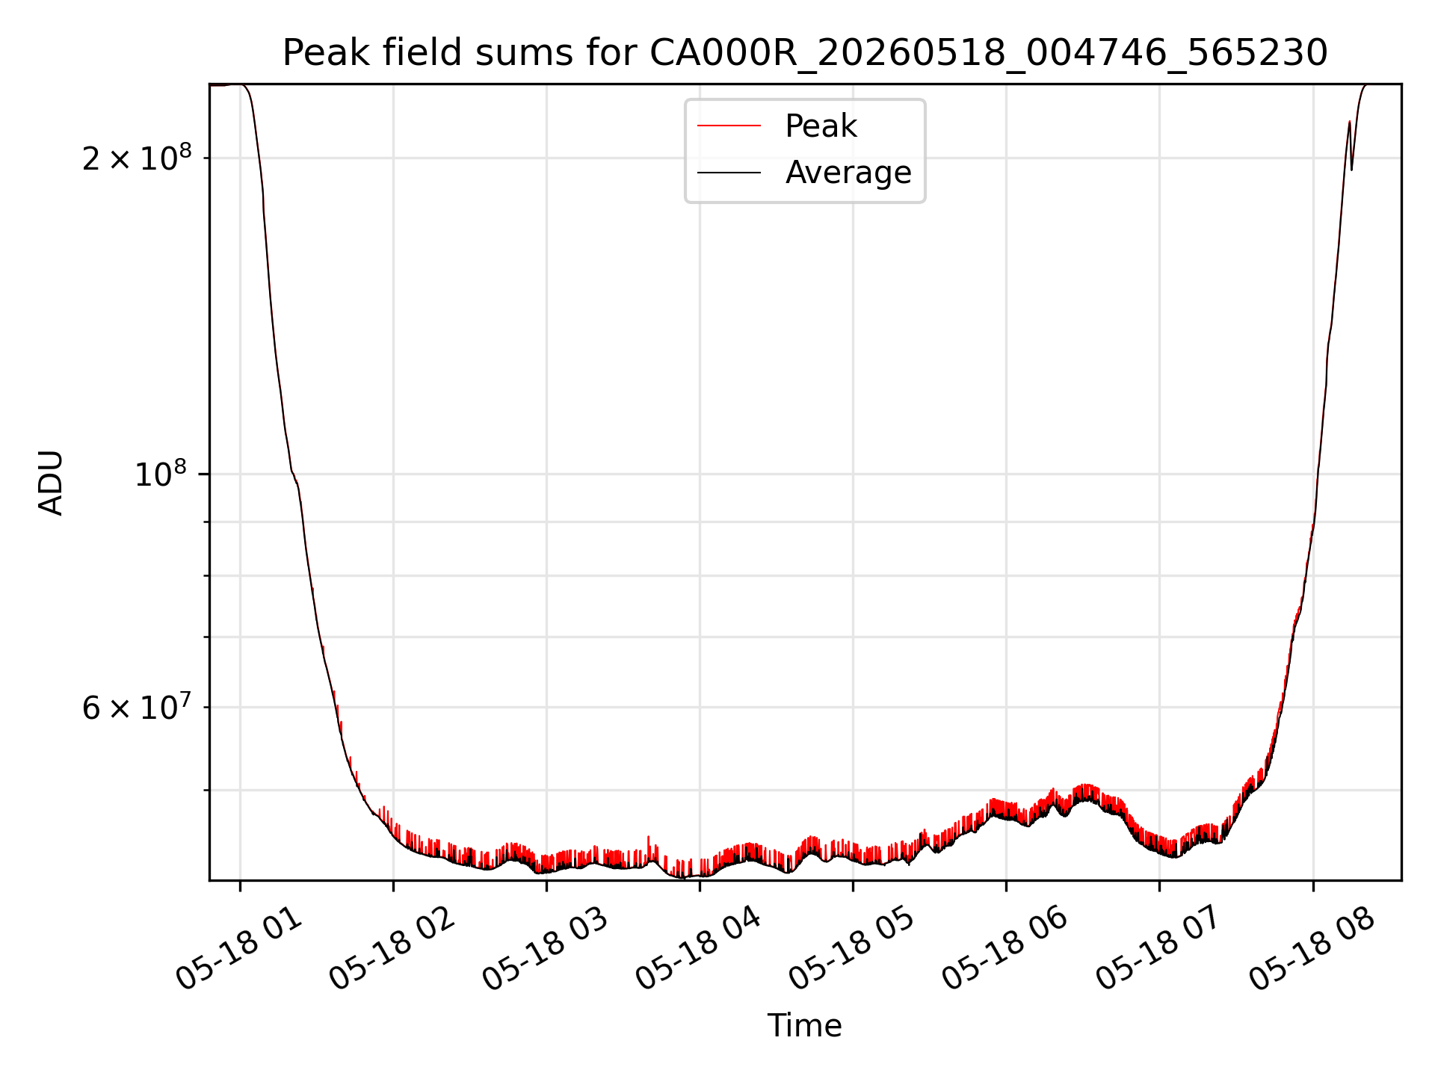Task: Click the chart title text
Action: point(805,53)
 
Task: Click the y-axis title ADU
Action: point(51,483)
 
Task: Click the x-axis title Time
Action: point(805,1026)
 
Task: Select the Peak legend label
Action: point(821,126)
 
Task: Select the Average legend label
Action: point(848,173)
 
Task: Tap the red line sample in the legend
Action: point(729,126)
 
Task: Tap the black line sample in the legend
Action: point(729,173)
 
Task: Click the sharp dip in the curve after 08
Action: point(1351,170)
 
